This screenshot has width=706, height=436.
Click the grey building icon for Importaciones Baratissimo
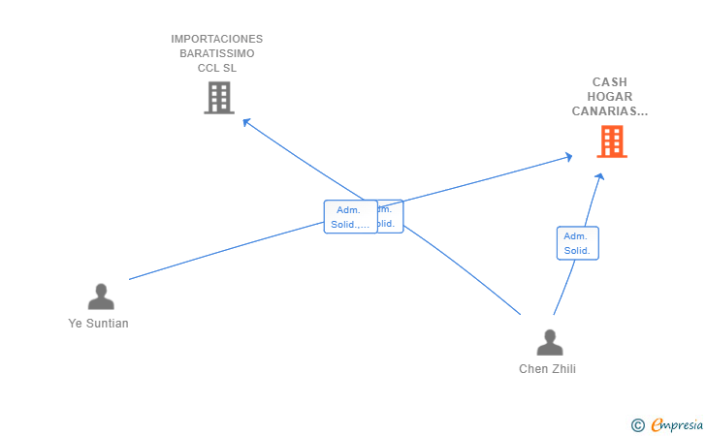pos(219,97)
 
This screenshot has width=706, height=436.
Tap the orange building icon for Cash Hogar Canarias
pos(611,141)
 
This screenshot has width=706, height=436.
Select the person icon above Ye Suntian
pos(101,296)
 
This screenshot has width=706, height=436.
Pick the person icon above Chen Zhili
pos(549,342)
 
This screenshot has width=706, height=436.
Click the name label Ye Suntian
pos(99,324)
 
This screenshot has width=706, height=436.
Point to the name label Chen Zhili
pos(547,369)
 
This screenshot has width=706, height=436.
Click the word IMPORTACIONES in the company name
pos(217,40)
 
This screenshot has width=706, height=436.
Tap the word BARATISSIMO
pos(217,54)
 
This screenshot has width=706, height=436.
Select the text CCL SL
pos(217,69)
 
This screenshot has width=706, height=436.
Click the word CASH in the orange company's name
pos(610,82)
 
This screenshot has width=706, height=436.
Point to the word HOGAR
pos(610,97)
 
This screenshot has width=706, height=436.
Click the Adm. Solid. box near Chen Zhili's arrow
pos(577,243)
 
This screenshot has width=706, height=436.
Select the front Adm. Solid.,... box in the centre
pos(349,217)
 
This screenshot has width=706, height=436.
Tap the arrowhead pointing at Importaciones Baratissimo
pos(246,122)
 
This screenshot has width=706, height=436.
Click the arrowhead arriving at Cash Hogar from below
pos(600,176)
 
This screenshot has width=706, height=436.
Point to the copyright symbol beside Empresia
pos(637,424)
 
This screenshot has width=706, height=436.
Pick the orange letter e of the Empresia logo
pos(658,424)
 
